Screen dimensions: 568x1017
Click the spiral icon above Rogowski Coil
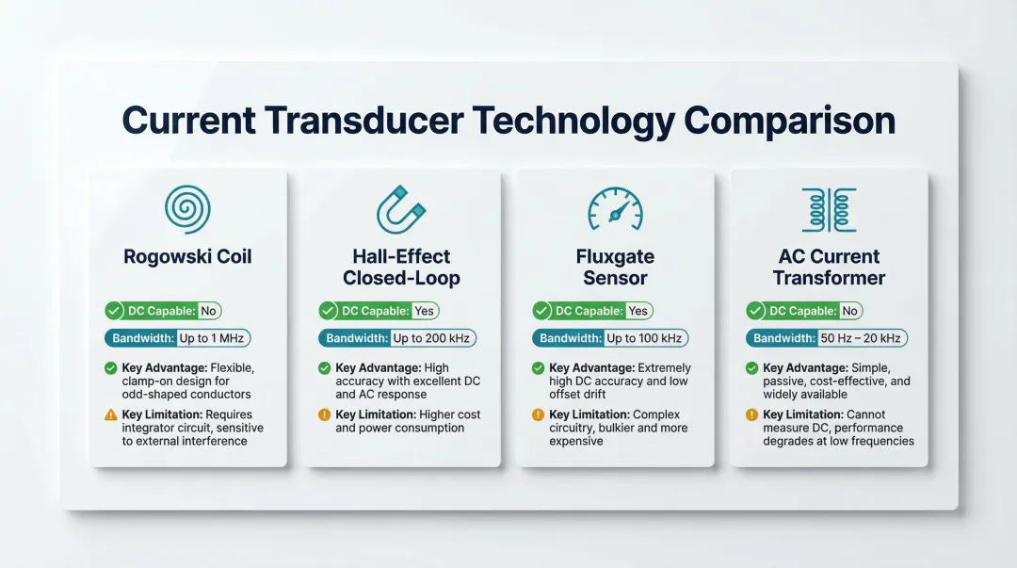187,209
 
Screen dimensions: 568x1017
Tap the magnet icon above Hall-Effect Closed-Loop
401,209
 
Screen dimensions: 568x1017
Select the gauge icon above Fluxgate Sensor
615,209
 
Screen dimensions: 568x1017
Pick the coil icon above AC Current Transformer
829,209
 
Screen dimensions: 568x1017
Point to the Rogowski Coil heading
187,256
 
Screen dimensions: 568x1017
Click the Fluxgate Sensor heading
615,267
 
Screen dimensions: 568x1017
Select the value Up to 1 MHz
214,338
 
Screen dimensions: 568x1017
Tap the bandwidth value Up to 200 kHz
433,338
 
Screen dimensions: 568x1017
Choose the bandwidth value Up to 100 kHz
647,338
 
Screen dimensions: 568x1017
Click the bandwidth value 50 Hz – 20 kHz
861,338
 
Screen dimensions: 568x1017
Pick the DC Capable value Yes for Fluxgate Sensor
638,311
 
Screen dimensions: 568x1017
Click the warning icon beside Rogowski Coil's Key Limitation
111,414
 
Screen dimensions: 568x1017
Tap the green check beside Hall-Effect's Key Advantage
325,367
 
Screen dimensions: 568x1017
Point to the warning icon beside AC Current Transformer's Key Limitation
752,414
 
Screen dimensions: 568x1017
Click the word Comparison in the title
789,122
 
